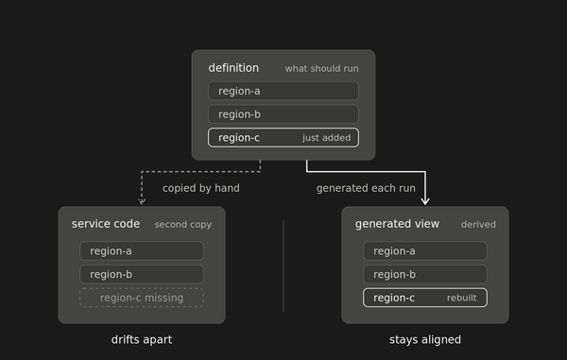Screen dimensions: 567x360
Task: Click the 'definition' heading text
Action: pos(233,68)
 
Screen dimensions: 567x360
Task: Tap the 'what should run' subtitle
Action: pos(322,69)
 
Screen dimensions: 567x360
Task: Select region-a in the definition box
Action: pos(283,91)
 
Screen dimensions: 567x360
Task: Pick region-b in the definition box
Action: pos(283,114)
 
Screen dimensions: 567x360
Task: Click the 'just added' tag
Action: pos(327,138)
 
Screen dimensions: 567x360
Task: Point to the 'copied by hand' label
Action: pos(201,188)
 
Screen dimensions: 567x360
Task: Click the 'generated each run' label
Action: pos(366,188)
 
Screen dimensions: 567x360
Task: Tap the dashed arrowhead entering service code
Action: pos(142,201)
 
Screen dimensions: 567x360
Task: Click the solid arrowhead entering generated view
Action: pos(425,200)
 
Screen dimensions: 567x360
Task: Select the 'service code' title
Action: pos(106,224)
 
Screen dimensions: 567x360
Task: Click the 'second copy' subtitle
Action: pos(183,225)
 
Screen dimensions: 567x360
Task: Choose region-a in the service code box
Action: pos(142,250)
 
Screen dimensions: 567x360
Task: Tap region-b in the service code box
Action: pos(142,274)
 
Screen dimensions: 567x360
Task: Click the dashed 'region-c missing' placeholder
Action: pos(142,298)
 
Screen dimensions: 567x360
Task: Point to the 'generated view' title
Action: pos(397,224)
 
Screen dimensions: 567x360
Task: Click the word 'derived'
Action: pos(478,225)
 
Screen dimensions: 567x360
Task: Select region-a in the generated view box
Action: pos(425,250)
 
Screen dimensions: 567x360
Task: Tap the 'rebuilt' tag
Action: pos(462,298)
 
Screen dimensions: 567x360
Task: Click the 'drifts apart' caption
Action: pos(142,340)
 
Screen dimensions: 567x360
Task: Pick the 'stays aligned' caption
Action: pos(425,340)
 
